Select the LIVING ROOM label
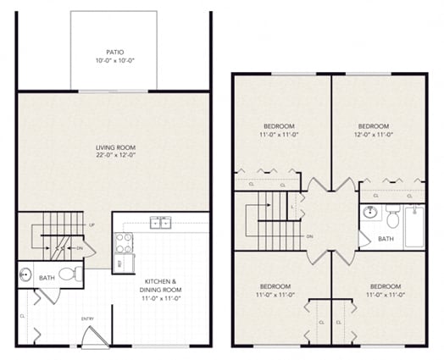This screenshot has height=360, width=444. click(113, 148)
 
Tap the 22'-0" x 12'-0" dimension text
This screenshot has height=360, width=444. click(113, 157)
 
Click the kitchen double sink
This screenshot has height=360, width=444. click(160, 223)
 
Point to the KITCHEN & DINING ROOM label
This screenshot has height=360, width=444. click(160, 285)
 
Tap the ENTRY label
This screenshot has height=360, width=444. click(86, 318)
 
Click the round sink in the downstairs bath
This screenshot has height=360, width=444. click(25, 275)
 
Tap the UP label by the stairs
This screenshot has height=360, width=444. click(92, 225)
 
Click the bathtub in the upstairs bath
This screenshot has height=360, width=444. click(413, 226)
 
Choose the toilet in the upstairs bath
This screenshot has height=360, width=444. click(392, 219)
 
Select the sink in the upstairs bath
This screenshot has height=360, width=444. click(369, 213)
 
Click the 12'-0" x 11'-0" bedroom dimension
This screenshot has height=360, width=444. click(374, 135)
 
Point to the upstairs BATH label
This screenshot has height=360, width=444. click(386, 239)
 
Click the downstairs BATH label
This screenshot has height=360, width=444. click(48, 276)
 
